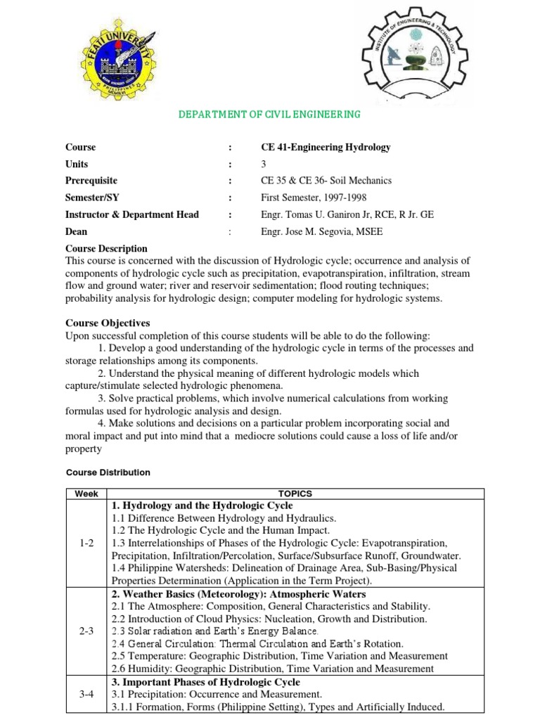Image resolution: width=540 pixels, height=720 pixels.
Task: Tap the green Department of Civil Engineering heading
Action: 268,114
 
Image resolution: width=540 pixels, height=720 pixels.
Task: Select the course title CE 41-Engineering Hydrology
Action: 326,147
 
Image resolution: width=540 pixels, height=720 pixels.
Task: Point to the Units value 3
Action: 264,164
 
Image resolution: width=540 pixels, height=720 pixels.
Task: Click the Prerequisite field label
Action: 91,181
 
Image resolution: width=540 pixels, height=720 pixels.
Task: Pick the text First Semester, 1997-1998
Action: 314,198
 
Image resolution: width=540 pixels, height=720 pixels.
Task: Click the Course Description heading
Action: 106,248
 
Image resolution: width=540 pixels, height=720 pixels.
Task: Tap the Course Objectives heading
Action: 108,323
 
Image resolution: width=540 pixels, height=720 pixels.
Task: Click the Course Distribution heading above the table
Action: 108,472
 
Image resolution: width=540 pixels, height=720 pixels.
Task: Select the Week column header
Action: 86,494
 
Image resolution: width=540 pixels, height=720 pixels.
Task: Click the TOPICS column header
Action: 295,494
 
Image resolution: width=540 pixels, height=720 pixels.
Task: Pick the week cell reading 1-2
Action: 86,544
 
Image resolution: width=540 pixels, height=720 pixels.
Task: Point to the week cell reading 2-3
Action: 86,631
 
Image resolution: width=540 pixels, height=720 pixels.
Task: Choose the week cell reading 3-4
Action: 86,694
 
